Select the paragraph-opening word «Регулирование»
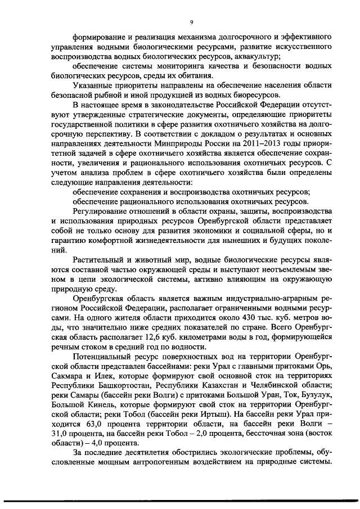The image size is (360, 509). click(102, 210)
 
